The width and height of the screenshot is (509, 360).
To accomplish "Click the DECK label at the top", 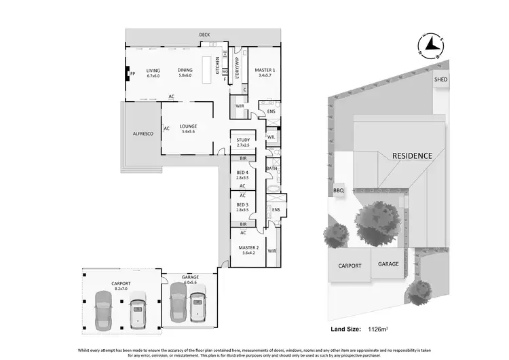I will click(204, 35).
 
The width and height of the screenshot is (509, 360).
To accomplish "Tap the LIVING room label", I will click(153, 71).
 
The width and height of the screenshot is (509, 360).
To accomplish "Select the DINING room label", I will click(185, 71).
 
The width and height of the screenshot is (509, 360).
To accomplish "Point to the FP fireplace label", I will click(133, 73).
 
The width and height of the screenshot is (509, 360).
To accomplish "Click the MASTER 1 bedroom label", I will click(265, 71).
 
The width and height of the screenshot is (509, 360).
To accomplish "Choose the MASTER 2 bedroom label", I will click(248, 248).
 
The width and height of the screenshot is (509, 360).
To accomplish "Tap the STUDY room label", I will click(243, 141).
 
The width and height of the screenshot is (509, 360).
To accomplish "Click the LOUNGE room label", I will click(188, 126).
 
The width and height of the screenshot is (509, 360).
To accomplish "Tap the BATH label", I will click(271, 168).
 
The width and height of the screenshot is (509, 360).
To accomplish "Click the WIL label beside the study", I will click(271, 137).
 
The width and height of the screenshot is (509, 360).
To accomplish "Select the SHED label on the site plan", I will click(440, 79).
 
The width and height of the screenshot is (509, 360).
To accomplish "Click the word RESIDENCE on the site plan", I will click(412, 156).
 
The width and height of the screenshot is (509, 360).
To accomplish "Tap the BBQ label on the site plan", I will click(339, 191).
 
